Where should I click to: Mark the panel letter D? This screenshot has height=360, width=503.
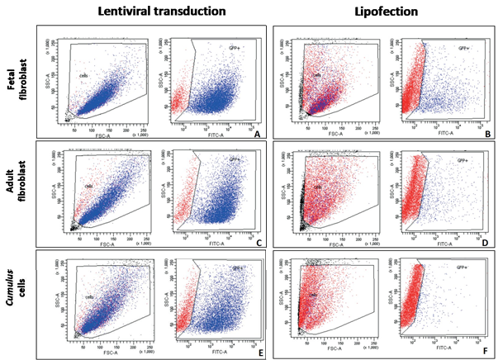pos(486,242)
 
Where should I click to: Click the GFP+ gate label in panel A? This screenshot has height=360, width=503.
pos(235,50)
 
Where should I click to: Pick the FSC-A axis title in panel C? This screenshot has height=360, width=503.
pos(99,244)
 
